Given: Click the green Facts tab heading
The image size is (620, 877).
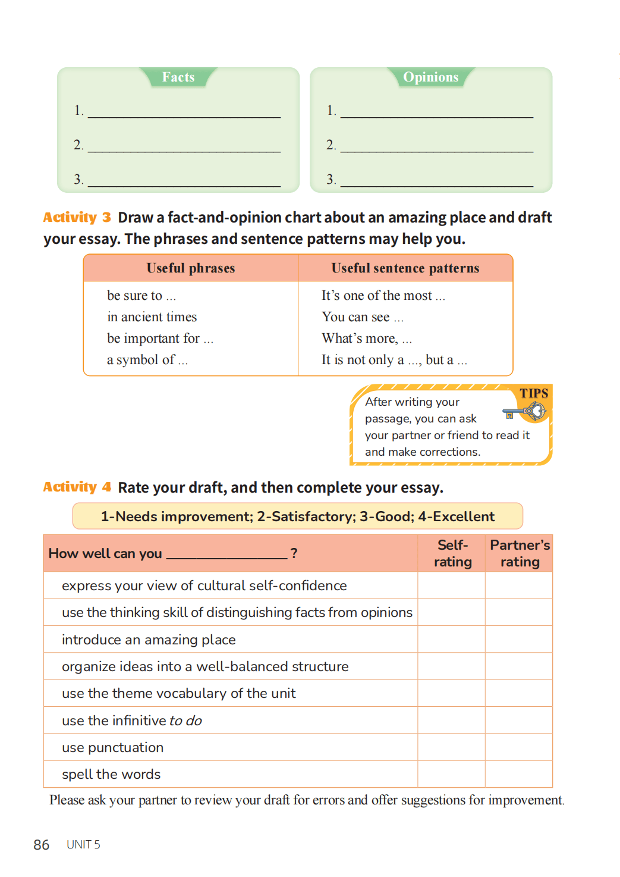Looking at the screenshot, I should click(x=178, y=77).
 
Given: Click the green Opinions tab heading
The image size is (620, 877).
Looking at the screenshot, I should click(x=430, y=77).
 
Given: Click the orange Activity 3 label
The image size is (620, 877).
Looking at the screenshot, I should click(x=77, y=217).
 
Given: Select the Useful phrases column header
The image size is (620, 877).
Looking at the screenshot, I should click(x=191, y=268).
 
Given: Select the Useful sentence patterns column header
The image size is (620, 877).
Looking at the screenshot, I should click(x=405, y=268).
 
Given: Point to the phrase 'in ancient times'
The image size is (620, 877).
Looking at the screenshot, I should click(x=152, y=317).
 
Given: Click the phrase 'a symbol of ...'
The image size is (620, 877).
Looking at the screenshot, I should click(x=147, y=360).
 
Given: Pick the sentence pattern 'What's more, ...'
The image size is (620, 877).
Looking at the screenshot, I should click(x=366, y=339).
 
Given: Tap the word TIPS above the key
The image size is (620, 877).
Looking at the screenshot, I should click(x=534, y=393).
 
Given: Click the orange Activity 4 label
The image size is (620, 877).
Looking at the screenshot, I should click(x=77, y=487).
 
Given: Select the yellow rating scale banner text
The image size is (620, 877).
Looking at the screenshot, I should click(x=297, y=516).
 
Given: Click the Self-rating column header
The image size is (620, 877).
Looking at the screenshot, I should click(x=452, y=553).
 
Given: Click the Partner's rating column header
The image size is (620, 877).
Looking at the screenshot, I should click(x=520, y=553).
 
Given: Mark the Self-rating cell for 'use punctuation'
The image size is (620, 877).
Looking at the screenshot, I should click(x=452, y=747).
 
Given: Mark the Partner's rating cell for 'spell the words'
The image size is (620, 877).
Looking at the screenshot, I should click(x=519, y=774).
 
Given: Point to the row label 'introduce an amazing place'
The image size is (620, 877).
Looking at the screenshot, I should click(x=149, y=640).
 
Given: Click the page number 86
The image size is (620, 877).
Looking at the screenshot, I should click(x=42, y=845).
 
